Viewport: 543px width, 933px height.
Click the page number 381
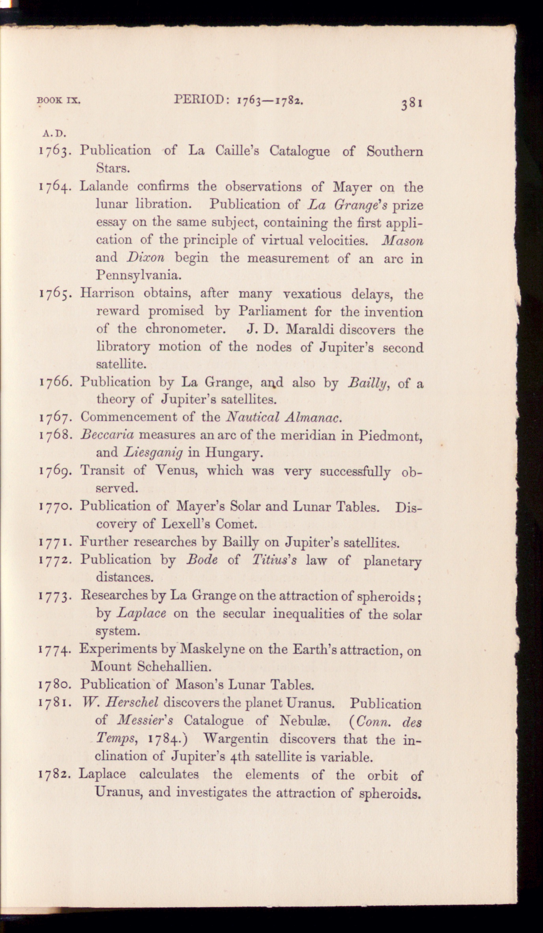(412, 104)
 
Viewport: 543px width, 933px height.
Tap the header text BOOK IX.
(59, 101)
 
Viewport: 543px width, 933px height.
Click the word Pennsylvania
(139, 275)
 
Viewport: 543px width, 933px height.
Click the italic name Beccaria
(107, 435)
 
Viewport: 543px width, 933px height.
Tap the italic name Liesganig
(153, 453)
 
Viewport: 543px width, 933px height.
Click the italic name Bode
(202, 560)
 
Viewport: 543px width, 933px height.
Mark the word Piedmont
(390, 435)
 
